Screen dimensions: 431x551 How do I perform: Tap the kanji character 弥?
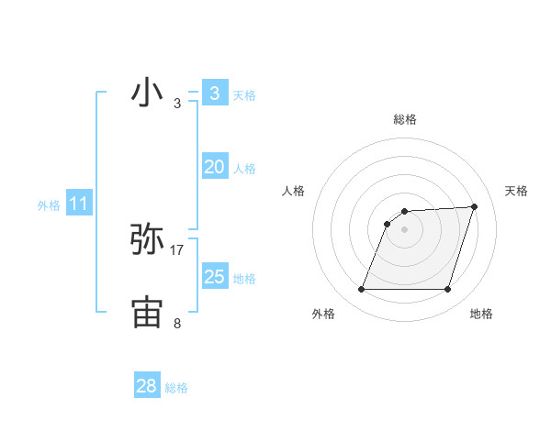tap(148, 239)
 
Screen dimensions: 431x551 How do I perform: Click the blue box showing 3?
tap(214, 93)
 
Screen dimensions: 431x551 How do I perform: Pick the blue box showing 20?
tap(214, 167)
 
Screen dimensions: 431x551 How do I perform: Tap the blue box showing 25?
tap(214, 276)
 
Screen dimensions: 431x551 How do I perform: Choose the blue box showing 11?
tap(78, 204)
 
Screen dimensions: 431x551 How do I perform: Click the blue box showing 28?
tap(146, 386)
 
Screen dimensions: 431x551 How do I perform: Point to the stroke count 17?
tap(177, 249)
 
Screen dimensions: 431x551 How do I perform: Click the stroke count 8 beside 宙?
tap(177, 323)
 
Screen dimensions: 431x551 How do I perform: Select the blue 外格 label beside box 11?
tap(49, 206)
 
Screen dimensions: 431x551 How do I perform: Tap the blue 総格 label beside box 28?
tap(176, 388)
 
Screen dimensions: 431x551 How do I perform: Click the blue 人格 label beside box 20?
tap(244, 169)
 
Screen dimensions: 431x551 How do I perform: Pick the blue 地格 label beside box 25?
tap(244, 279)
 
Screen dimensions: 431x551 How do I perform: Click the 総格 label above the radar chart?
tap(405, 119)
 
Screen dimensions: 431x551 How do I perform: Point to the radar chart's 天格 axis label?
tap(516, 191)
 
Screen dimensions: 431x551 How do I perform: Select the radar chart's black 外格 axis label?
tap(323, 314)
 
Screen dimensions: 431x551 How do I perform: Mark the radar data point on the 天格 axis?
tap(474, 206)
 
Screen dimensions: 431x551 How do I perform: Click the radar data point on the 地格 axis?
tap(447, 290)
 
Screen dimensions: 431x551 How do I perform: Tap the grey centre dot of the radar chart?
tap(404, 229)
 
